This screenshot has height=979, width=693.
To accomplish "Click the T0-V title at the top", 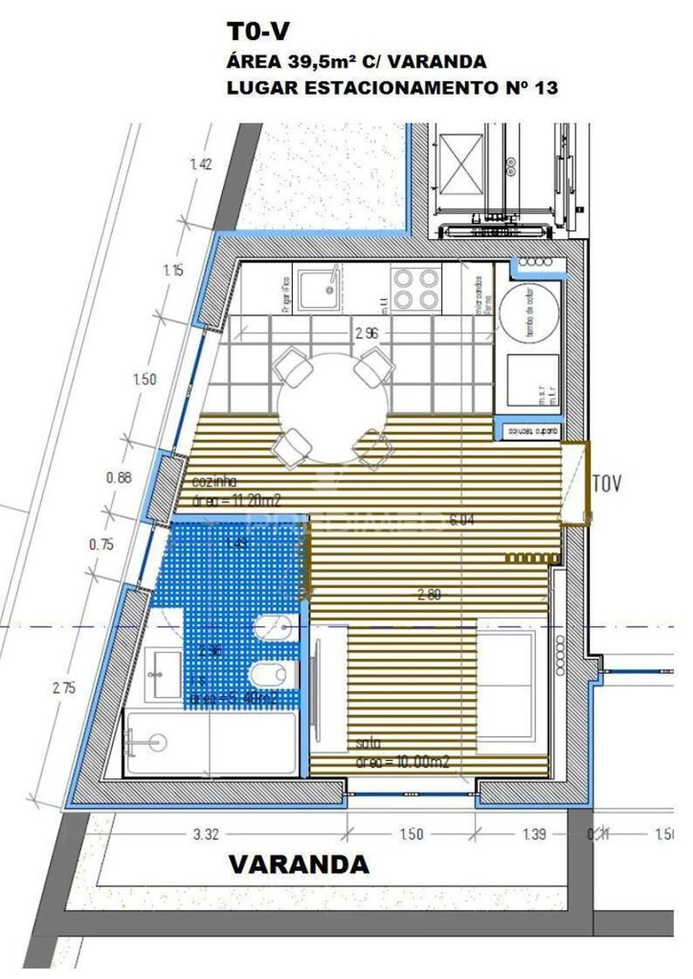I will pos(258,32).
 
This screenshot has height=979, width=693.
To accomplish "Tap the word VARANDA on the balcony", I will pos(299,864).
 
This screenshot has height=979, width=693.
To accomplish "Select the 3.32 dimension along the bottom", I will pos(206,834).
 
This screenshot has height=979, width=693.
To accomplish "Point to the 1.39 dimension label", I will pos(534,834).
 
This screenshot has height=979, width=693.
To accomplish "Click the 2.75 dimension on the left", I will pos(64,688).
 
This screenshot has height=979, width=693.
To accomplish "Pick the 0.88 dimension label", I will pos(119,478).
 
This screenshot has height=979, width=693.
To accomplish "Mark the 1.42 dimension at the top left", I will pos(201,164).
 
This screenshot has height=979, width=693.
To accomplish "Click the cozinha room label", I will pos(214,481).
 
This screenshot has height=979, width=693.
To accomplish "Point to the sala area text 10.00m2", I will pos(403,762).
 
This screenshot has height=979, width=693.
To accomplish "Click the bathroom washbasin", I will pos(164,674).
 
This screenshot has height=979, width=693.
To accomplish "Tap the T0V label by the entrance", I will pos(607,484).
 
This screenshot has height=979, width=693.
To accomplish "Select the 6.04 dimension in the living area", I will pos(462,520).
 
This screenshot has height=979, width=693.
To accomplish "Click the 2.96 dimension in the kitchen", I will pos(367,333).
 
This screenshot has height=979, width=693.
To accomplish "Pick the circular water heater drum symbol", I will pos(528,313).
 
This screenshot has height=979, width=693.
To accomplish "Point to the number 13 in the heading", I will pos(546,88).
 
